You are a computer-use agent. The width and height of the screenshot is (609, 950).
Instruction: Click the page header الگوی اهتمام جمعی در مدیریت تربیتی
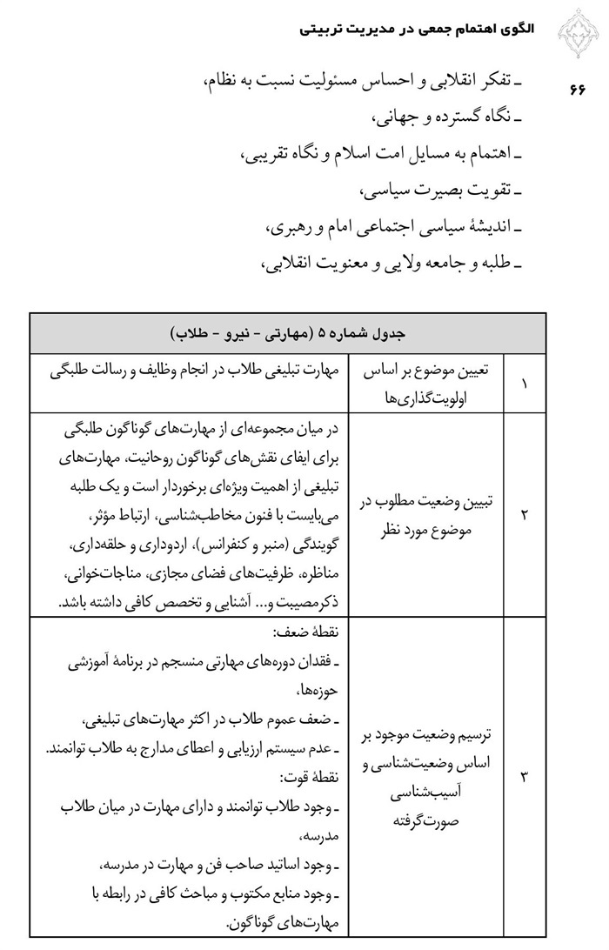[417, 29]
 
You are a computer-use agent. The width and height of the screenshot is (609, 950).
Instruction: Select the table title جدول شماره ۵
[288, 332]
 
